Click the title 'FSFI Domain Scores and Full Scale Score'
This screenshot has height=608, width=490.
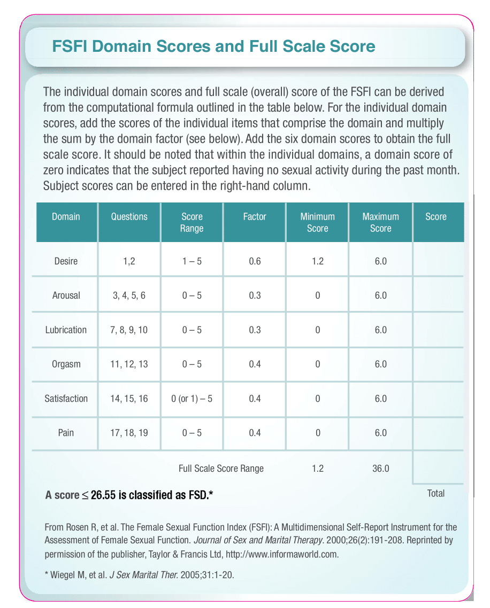[x=213, y=46]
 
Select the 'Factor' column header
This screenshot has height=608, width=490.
[x=255, y=217]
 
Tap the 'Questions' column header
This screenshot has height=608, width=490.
[x=129, y=217]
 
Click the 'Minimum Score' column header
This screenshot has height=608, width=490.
[x=317, y=222]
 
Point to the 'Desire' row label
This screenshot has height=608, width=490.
[x=66, y=261]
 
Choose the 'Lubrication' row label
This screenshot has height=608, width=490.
[x=66, y=330]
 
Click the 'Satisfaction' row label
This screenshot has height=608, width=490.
[x=66, y=399]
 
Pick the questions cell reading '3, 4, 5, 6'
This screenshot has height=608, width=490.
[x=129, y=295]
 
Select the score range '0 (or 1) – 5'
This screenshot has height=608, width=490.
[x=192, y=399]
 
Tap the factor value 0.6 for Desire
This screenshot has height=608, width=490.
[x=255, y=261]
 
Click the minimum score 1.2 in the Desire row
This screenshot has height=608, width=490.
[x=317, y=261]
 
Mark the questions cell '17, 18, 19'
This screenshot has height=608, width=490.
[x=129, y=433]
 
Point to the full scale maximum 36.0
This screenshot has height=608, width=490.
[x=380, y=469]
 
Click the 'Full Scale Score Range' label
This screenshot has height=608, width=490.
[x=221, y=469]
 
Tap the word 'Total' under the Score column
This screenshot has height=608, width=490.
[x=436, y=493]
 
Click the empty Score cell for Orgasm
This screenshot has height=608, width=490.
[x=438, y=364]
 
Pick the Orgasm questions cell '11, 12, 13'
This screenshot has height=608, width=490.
[x=129, y=364]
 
